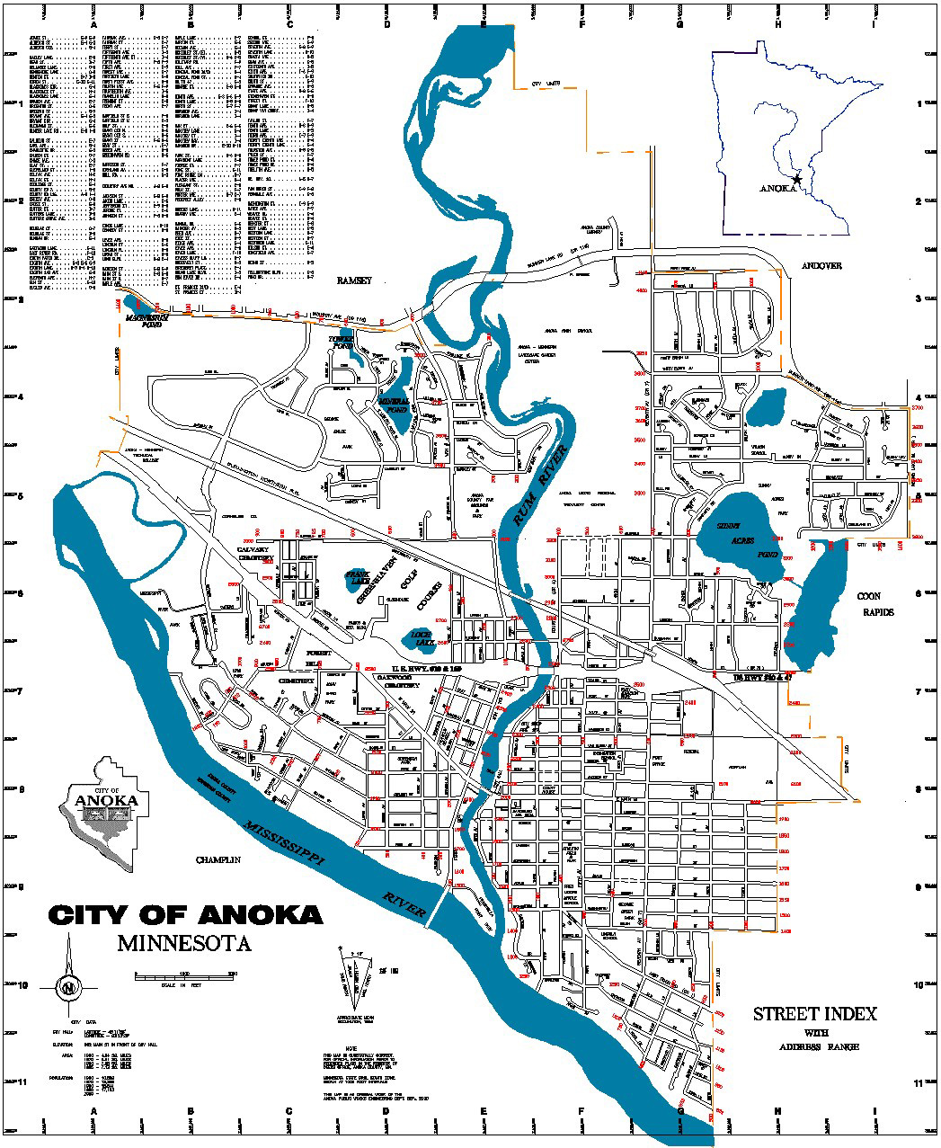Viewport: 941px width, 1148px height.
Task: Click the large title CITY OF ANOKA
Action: coord(185,915)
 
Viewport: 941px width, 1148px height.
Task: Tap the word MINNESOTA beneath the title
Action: coord(184,944)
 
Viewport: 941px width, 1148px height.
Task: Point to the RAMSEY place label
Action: coord(353,280)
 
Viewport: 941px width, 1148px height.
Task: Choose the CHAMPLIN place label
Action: coord(219,860)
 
